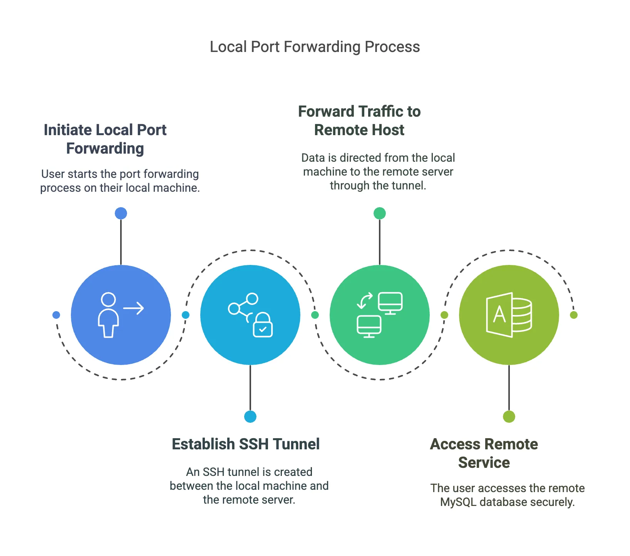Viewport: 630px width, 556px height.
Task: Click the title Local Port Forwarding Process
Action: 315,47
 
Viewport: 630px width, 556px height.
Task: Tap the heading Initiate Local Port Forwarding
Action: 105,139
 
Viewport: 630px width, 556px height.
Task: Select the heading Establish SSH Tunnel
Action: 246,444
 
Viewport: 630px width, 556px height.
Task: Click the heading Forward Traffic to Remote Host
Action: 359,121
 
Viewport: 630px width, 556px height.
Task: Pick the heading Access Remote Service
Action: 484,453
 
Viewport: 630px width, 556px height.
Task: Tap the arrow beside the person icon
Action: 134,308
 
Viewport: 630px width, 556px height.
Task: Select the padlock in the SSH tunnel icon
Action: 263,325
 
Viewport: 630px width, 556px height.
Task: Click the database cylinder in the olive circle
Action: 522,315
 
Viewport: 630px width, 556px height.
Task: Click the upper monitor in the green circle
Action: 390,303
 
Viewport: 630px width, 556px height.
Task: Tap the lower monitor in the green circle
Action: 369,326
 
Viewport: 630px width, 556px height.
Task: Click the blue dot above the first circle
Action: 121,213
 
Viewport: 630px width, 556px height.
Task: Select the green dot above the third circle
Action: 380,213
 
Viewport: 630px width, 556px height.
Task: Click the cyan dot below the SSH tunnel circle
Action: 250,417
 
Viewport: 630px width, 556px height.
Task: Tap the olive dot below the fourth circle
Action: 509,417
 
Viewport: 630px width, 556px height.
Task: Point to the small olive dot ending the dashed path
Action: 574,315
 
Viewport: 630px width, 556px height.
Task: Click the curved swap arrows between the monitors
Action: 365,301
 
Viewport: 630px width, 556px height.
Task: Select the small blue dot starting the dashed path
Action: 56,315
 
